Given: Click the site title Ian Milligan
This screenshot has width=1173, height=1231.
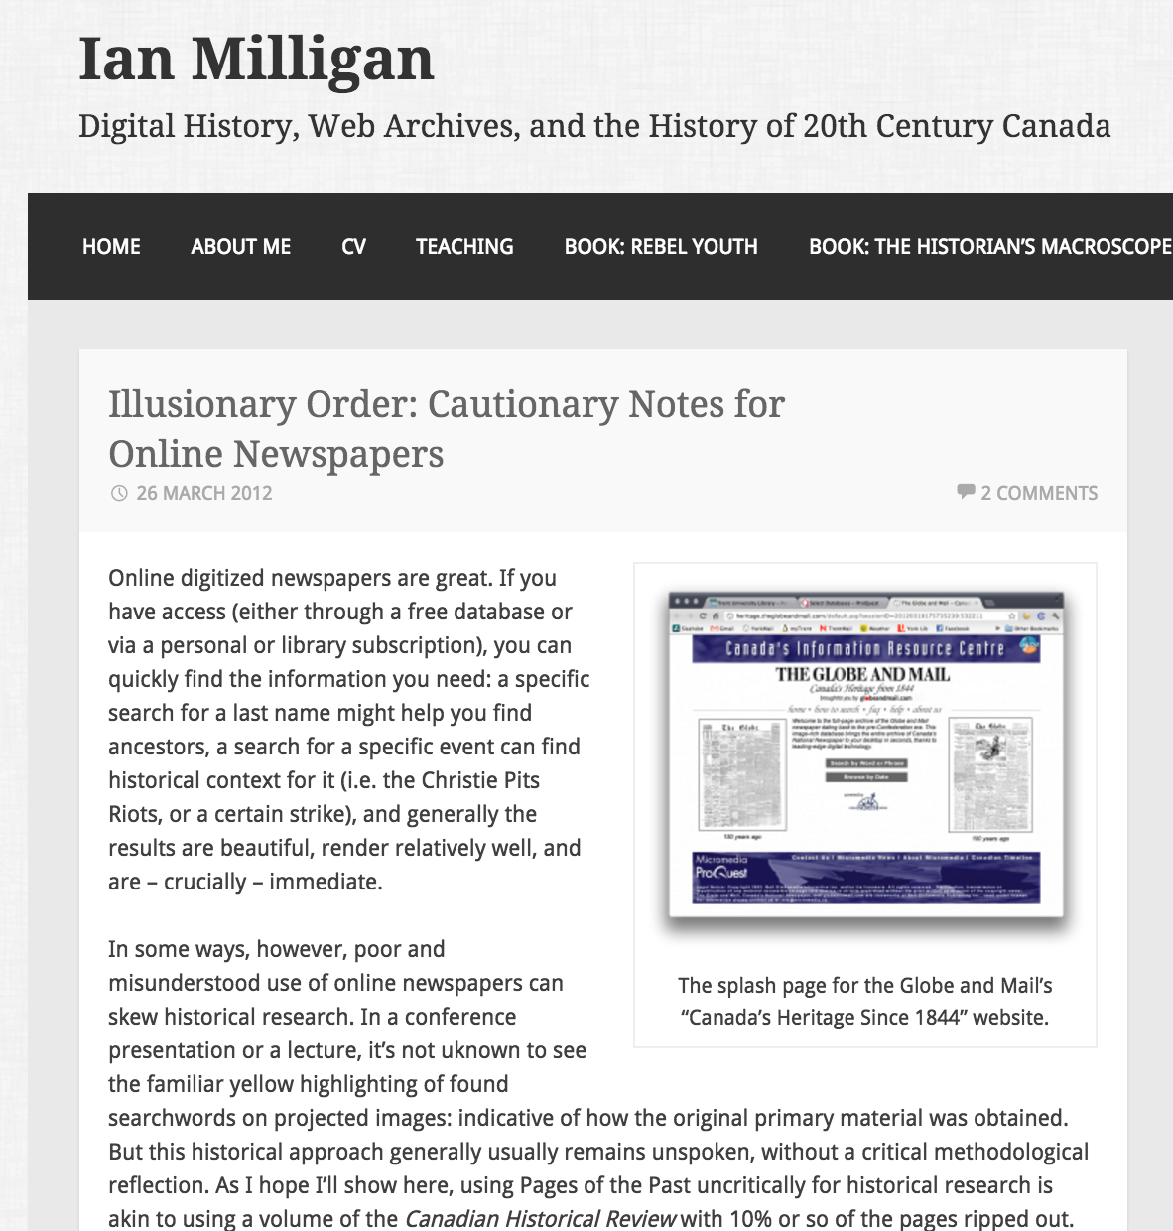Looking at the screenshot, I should [256, 59].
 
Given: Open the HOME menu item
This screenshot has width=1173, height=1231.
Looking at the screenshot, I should [111, 246].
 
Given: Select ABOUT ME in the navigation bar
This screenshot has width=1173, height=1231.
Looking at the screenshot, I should [241, 246].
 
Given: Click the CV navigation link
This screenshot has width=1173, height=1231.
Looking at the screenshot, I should [353, 246].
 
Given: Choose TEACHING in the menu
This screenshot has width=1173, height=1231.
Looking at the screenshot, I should [464, 246].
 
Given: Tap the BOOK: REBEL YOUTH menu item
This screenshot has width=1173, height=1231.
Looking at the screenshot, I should [661, 246].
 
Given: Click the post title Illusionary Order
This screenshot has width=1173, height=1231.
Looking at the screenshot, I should [446, 428].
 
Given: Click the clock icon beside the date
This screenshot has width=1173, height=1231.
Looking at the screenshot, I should [119, 493].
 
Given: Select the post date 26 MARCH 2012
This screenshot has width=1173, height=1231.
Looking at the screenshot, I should [204, 493].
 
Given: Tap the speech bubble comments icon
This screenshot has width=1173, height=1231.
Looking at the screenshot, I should [966, 491].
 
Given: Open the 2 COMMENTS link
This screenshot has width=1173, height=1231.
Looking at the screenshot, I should [1039, 493].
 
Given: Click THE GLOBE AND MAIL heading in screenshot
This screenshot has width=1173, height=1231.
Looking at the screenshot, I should [862, 674].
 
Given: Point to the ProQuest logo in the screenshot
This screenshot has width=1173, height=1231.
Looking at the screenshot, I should [721, 872].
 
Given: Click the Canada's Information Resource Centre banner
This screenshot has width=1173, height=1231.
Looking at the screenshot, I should [864, 649].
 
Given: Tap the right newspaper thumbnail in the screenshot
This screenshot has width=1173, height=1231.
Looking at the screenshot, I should [991, 769].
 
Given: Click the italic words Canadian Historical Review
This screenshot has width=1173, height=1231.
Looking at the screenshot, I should [540, 1218].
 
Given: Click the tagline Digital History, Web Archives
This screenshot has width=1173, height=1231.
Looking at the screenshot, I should [594, 126].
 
